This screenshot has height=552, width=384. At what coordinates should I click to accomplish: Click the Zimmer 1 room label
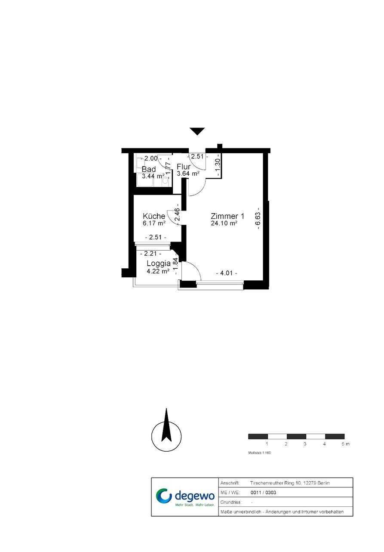click(227, 216)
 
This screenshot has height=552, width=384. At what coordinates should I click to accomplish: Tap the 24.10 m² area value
click(224, 223)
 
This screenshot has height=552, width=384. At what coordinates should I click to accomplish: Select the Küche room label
click(154, 216)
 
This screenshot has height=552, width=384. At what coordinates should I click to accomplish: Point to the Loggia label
click(159, 264)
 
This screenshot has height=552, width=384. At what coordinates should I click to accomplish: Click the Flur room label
click(183, 167)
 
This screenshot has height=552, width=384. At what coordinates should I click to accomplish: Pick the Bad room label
click(149, 169)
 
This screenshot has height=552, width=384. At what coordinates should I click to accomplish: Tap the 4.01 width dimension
click(227, 273)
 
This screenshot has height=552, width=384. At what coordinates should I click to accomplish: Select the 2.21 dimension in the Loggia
click(151, 253)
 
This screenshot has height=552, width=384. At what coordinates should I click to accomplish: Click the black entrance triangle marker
click(197, 131)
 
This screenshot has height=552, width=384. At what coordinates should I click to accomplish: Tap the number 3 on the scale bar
click(305, 444)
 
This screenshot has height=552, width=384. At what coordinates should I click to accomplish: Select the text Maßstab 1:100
click(259, 453)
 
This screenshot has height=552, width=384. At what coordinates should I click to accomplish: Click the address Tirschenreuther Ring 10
click(276, 483)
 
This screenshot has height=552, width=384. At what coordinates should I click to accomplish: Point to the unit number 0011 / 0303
click(263, 492)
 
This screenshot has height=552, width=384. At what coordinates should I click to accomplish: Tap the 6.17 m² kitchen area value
click(154, 223)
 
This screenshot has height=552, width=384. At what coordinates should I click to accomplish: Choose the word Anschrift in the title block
click(230, 483)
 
